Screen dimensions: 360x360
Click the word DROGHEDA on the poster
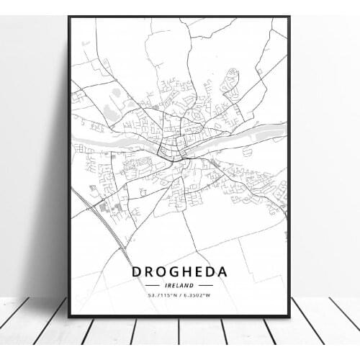tap(179, 271)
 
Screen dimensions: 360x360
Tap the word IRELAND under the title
tap(179, 285)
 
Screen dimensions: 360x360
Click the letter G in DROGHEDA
tap(173, 271)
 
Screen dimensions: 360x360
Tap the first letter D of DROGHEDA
tap(137, 271)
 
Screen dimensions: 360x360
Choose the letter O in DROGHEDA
tap(161, 271)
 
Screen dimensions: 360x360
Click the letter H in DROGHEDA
tap(185, 271)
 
